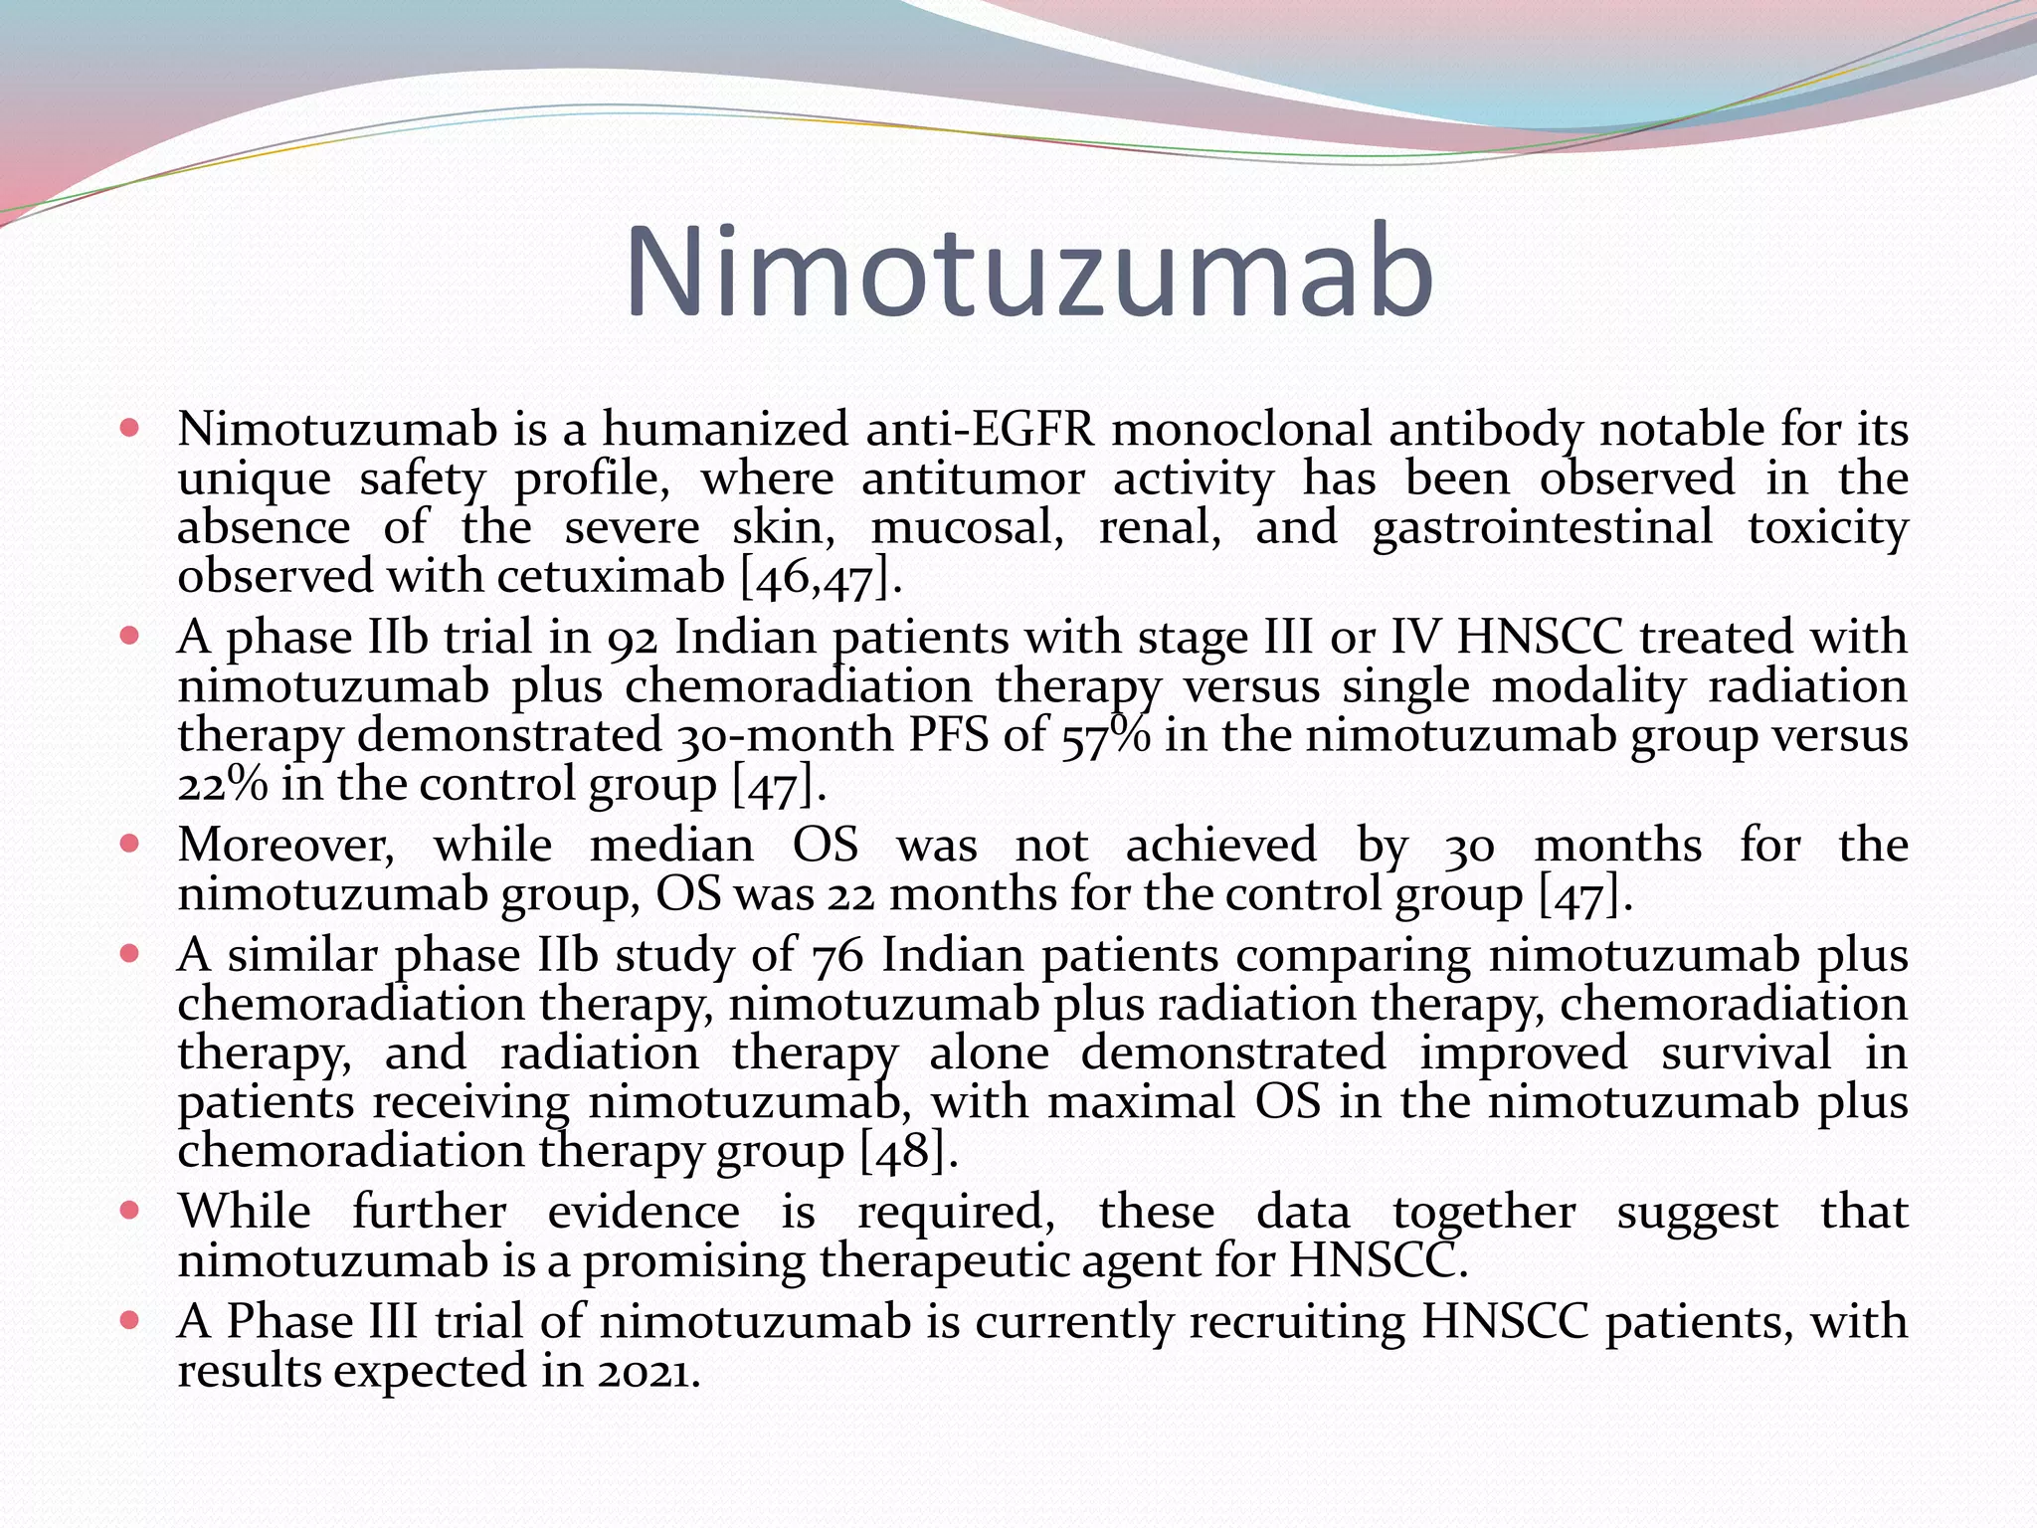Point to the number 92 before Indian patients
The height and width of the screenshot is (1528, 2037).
(x=633, y=639)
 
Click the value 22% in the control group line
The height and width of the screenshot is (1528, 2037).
(x=222, y=786)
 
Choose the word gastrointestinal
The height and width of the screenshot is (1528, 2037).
(x=1542, y=528)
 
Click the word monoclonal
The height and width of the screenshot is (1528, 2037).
(x=1242, y=431)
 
